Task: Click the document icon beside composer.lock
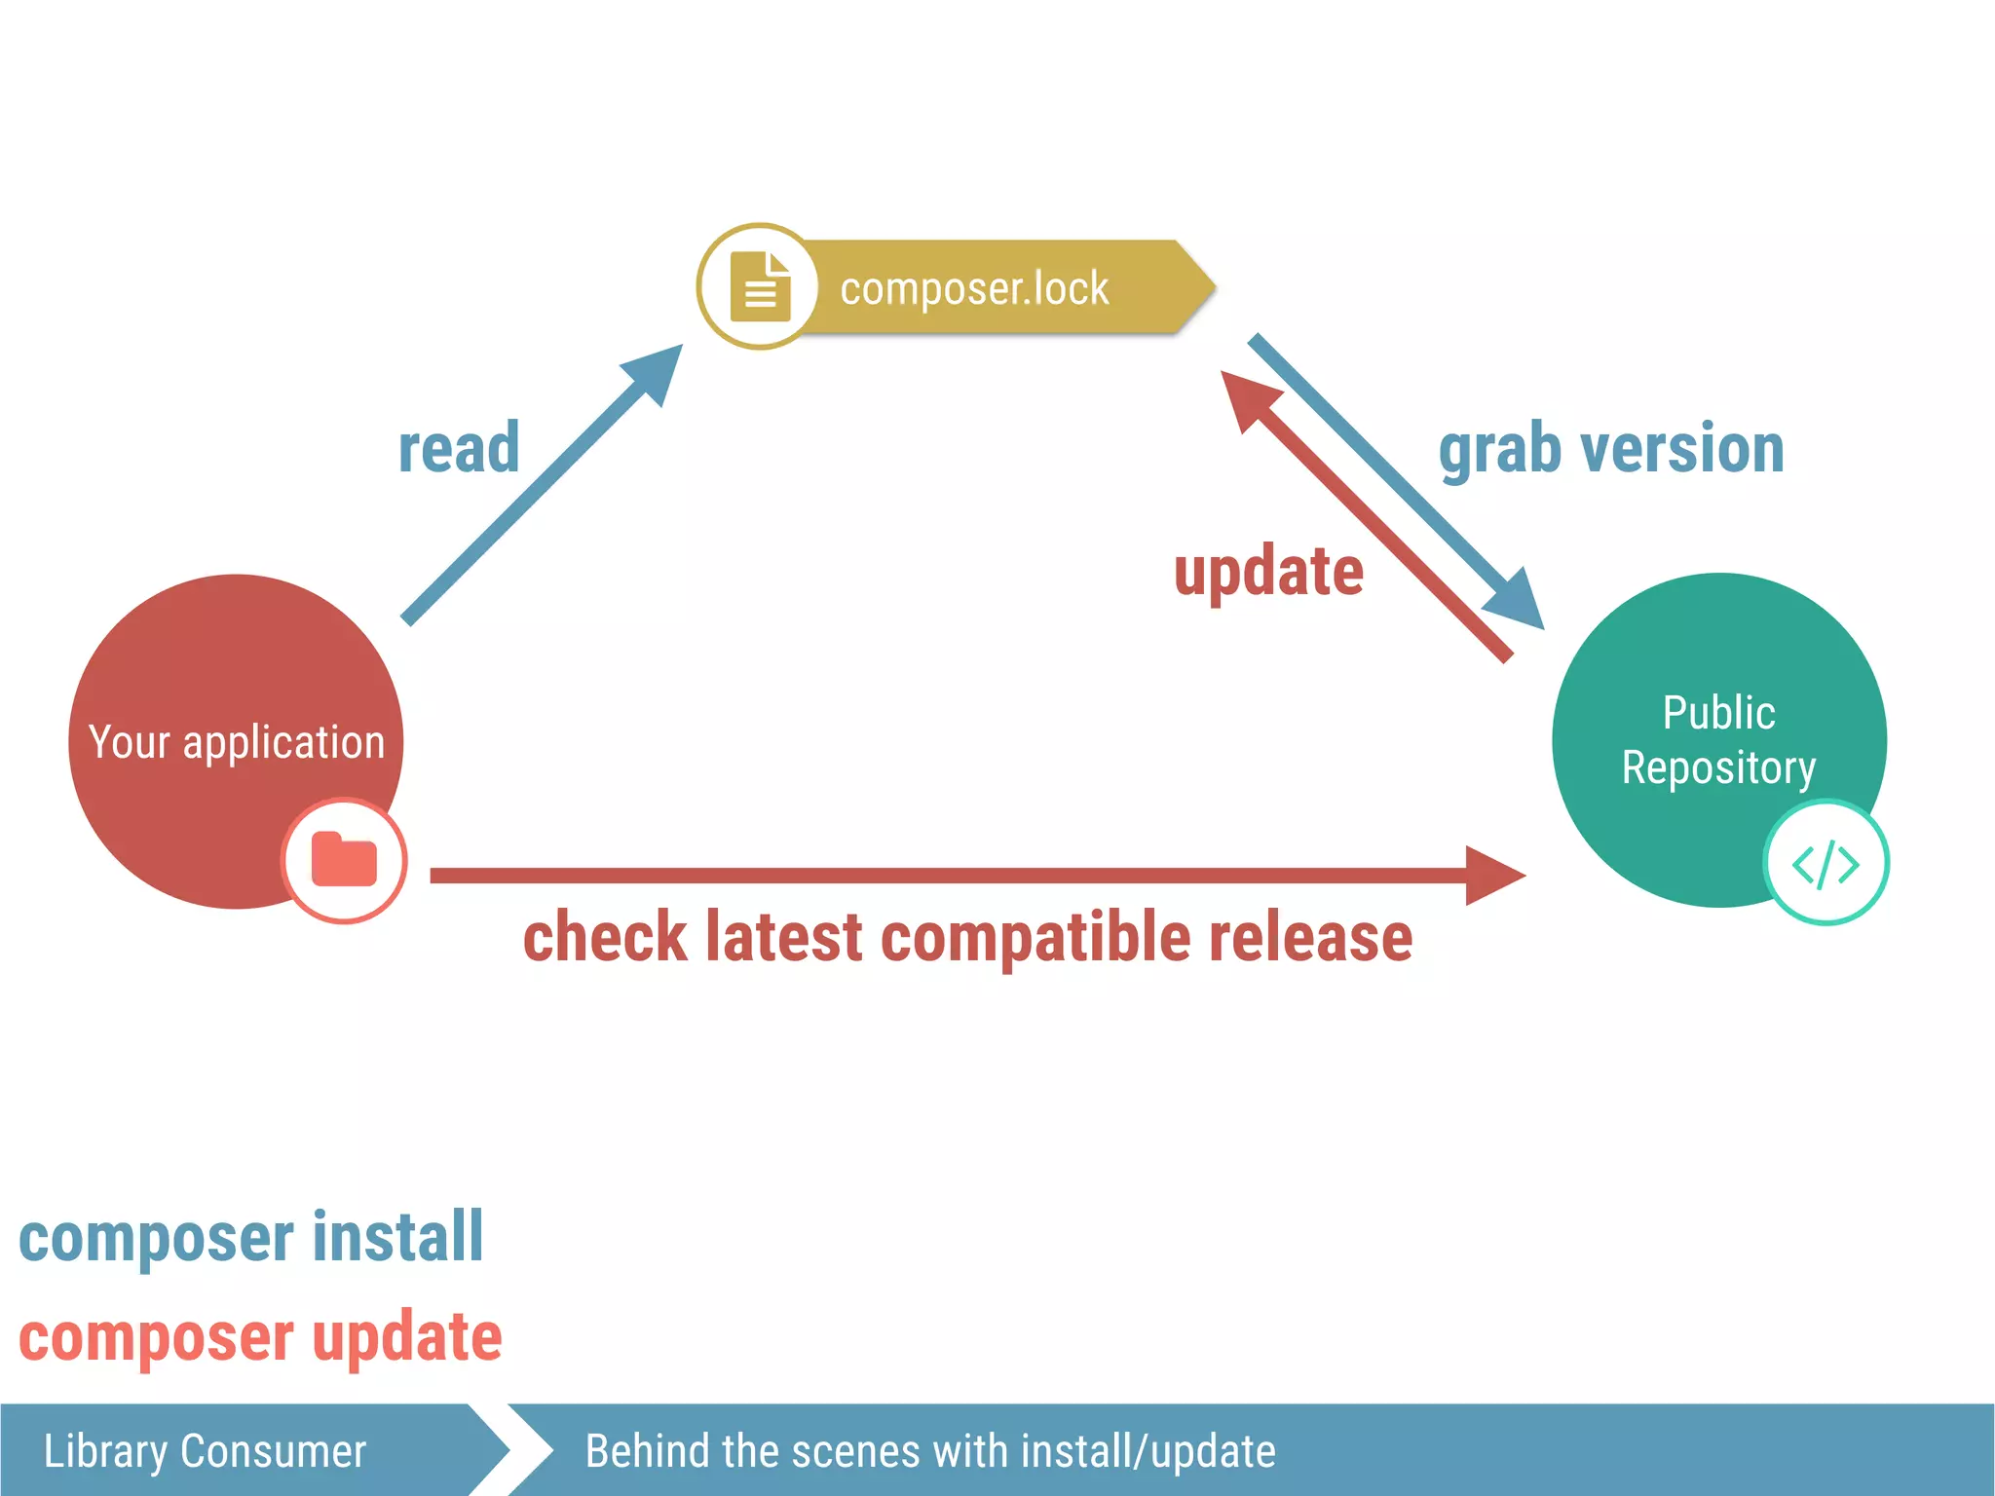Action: (760, 286)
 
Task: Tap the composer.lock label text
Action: (974, 288)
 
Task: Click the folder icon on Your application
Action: (344, 860)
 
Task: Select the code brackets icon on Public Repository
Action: (1826, 864)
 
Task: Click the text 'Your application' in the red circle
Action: (237, 742)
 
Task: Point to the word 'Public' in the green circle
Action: (1718, 713)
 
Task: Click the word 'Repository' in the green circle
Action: (1718, 767)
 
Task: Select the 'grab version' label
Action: (1611, 449)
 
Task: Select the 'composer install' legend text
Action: (251, 1237)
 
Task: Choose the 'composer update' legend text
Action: (260, 1336)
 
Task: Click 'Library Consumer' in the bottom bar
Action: (205, 1451)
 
